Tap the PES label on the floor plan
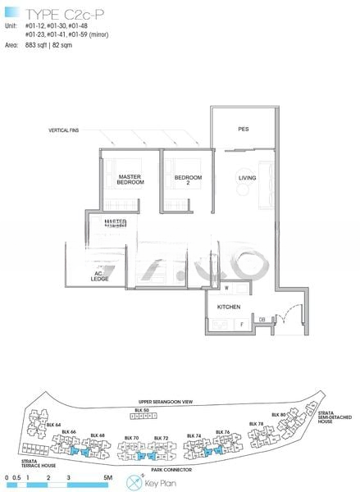pos(244,130)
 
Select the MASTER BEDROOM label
pos(130,179)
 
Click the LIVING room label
pos(247,178)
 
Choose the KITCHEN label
pos(227,307)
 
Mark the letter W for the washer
pos(226,288)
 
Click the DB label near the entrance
pos(262,319)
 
